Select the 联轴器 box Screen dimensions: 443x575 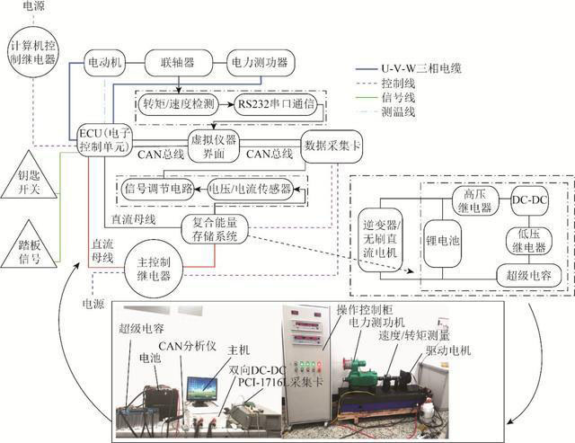click(x=178, y=64)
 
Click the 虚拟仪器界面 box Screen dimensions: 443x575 click(x=214, y=146)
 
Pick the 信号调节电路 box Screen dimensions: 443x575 click(x=159, y=190)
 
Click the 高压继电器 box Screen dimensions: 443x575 click(x=468, y=198)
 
